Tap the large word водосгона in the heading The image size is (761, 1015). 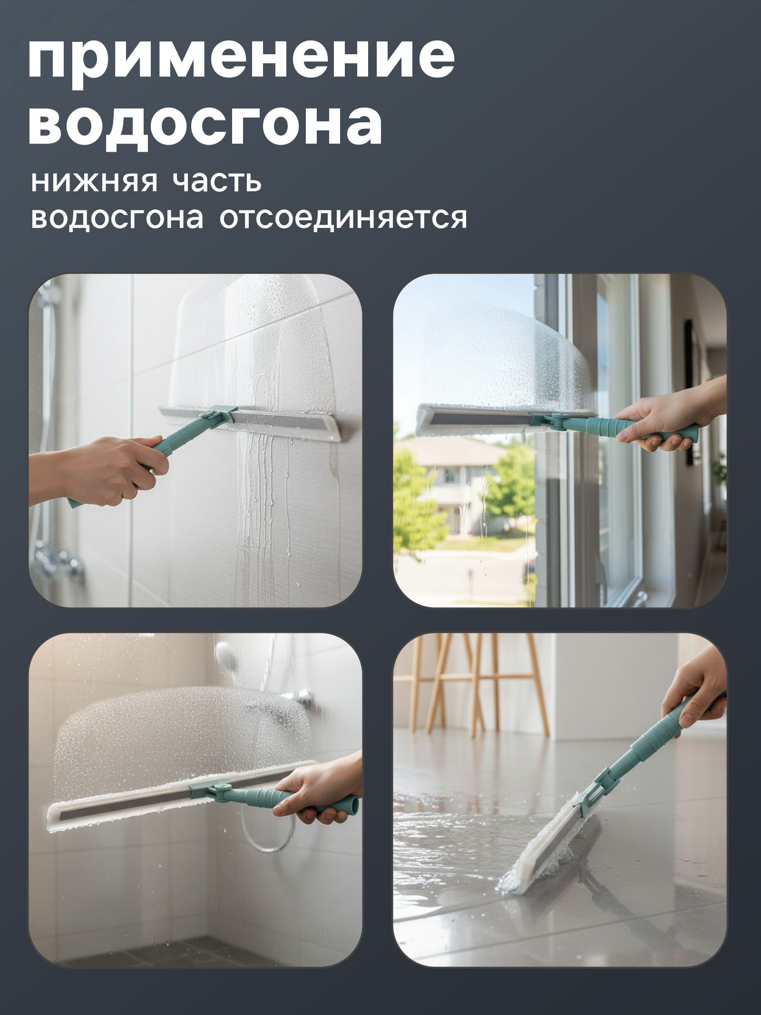(x=205, y=122)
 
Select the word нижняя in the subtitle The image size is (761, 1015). (x=93, y=181)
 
